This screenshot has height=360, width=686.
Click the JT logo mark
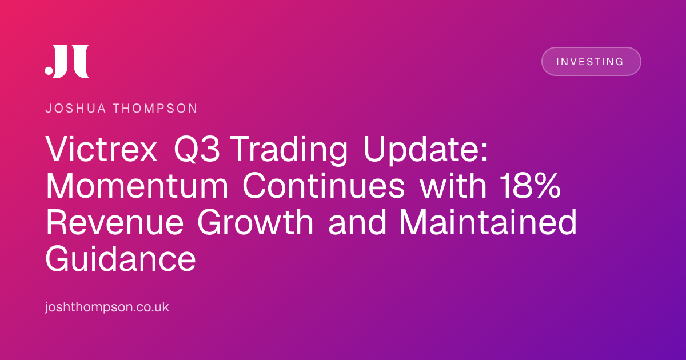67,61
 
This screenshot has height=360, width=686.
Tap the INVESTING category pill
591,61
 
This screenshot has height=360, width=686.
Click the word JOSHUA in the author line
75,109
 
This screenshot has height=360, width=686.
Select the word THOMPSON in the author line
155,109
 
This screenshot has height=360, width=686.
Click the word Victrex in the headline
101,149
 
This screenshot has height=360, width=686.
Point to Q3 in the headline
197,149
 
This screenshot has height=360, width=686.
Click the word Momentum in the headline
137,186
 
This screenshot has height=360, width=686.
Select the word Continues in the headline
324,186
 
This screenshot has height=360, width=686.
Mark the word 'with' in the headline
453,185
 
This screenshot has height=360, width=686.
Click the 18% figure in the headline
531,186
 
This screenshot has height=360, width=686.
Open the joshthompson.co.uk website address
107,307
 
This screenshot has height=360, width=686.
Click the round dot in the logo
49,70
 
